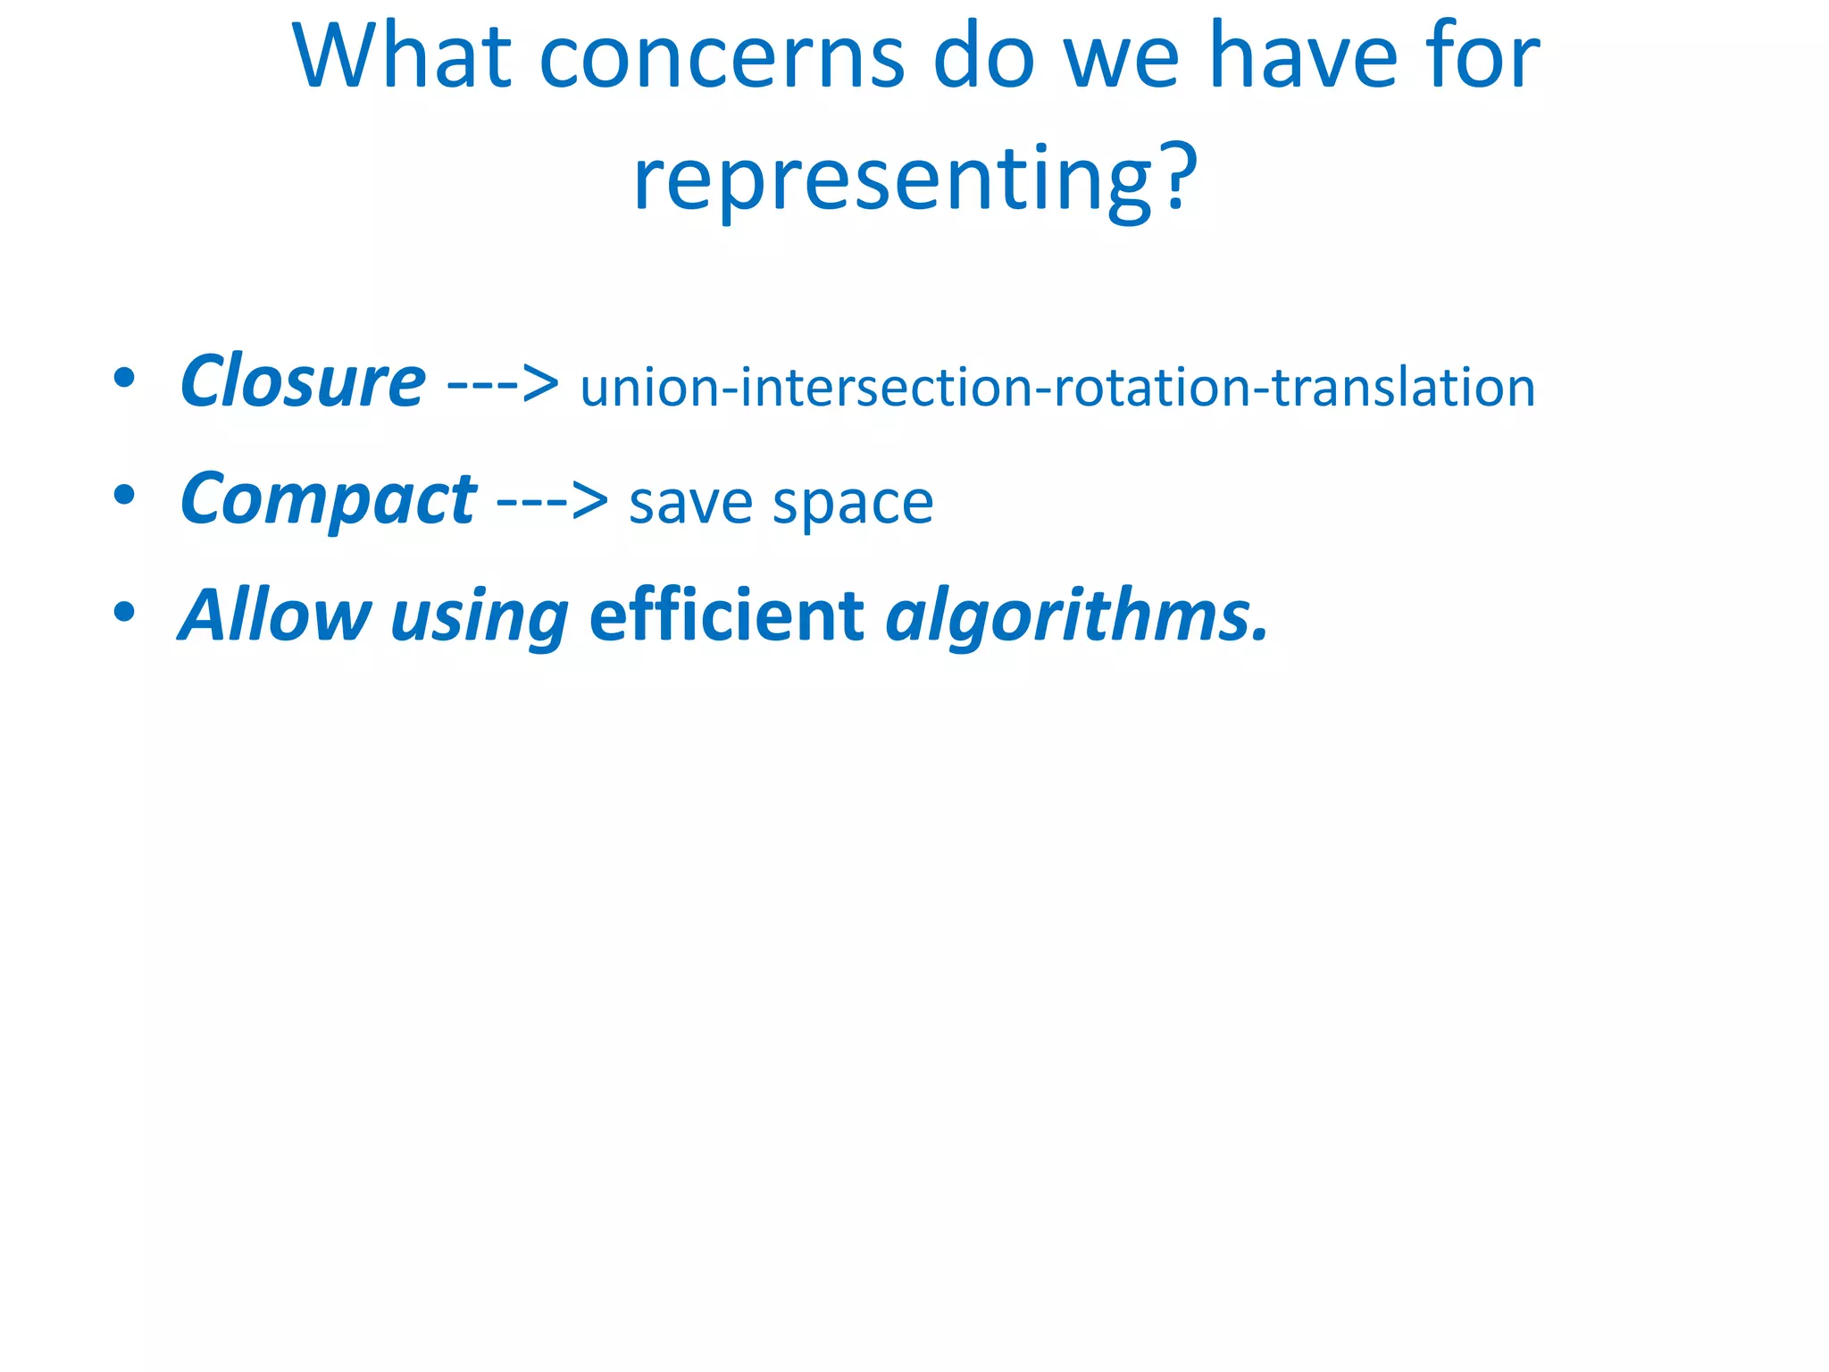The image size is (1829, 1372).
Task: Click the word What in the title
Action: pyautogui.click(x=401, y=58)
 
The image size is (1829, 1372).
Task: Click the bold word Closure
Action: pyautogui.click(x=303, y=382)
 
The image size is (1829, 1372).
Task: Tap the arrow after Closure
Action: pyautogui.click(x=503, y=385)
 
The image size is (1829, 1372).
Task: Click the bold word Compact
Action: pyautogui.click(x=328, y=500)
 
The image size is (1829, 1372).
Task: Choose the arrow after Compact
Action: pyautogui.click(x=552, y=502)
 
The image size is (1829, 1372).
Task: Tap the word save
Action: pyautogui.click(x=691, y=504)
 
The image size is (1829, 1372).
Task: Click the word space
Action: pyautogui.click(x=853, y=506)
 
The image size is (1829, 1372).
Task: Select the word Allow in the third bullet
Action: pyautogui.click(x=275, y=616)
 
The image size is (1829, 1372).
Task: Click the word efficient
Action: pyautogui.click(x=726, y=616)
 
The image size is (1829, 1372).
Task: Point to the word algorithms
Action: pyautogui.click(x=1075, y=616)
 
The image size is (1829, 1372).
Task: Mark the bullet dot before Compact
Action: pyautogui.click(x=124, y=495)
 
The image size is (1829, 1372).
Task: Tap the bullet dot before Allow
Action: pyautogui.click(x=124, y=612)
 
